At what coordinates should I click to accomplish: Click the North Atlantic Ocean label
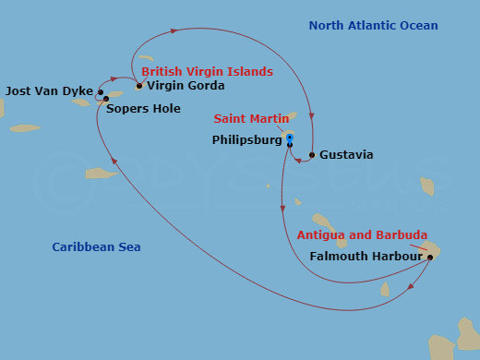point(373,26)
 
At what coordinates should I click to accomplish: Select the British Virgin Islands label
point(207,71)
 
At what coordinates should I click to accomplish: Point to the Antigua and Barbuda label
point(362,235)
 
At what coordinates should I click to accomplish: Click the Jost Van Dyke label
point(48,91)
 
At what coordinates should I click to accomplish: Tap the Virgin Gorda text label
point(186,86)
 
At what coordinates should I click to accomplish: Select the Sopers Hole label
point(138,108)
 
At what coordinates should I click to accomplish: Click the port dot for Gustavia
point(312,155)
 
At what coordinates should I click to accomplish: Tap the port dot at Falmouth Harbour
point(429,258)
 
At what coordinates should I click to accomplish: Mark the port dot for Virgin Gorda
point(139,86)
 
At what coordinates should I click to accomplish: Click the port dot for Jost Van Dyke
point(100,92)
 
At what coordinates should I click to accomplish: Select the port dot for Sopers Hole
point(106,99)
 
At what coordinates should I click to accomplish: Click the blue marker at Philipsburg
point(290,139)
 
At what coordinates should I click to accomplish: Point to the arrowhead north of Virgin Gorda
point(174,31)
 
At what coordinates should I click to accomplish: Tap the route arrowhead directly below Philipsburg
point(282,210)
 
